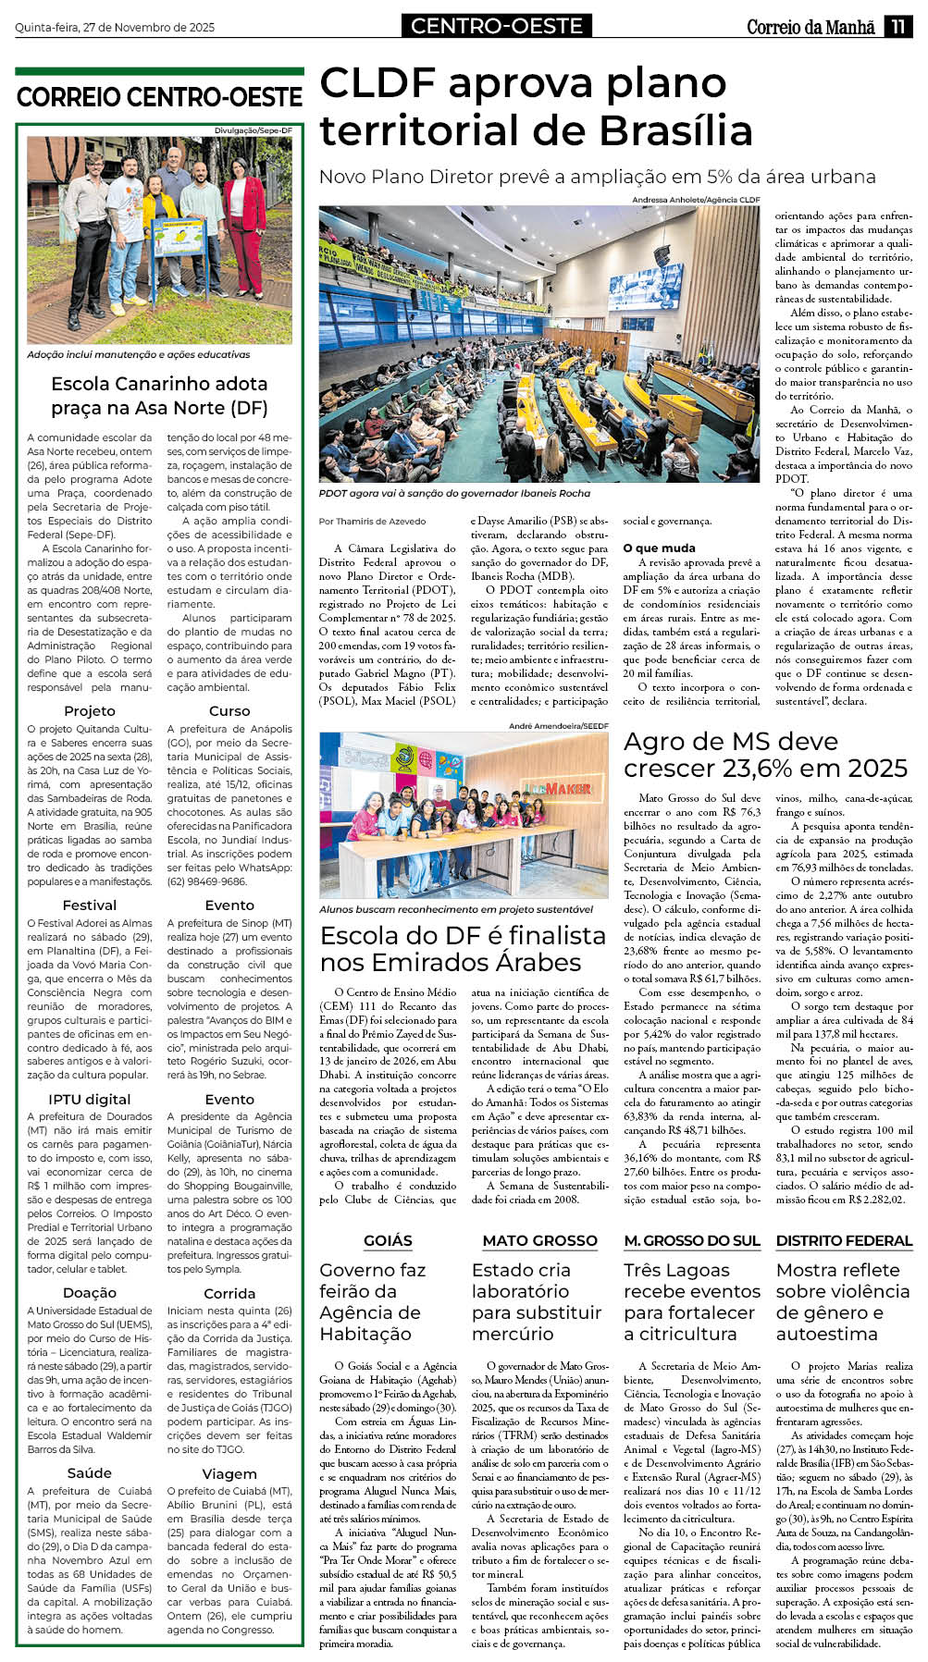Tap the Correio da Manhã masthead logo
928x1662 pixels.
[x=810, y=27]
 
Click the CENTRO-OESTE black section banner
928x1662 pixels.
[x=497, y=27]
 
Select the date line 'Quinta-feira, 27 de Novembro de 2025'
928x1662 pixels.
[x=115, y=28]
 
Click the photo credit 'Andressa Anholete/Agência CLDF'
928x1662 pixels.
[x=696, y=200]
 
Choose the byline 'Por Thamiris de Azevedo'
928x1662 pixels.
[x=373, y=522]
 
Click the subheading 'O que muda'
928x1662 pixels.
[x=660, y=548]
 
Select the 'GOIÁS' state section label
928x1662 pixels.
[x=388, y=1241]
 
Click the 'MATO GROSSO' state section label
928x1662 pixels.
[x=540, y=1241]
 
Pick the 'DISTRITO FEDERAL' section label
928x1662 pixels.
[x=844, y=1241]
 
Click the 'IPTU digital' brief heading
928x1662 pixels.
[x=90, y=1100]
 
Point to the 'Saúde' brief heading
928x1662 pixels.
[x=90, y=1473]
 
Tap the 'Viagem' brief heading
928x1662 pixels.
[x=229, y=1473]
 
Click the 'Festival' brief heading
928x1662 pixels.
[x=90, y=905]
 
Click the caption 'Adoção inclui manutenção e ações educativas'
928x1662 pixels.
[x=139, y=354]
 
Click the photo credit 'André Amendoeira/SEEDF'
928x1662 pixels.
[x=559, y=726]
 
